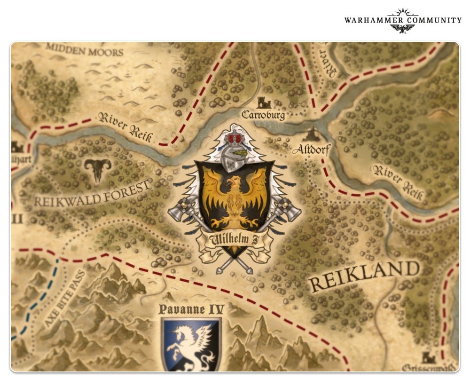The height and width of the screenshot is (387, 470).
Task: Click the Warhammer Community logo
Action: tap(402, 21)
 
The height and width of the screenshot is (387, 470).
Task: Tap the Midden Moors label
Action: tap(85, 49)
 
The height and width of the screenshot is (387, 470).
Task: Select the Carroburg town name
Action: tap(263, 115)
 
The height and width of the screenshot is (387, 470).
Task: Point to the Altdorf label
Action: tap(312, 150)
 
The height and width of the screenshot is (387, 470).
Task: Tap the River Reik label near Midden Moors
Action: tap(125, 127)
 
